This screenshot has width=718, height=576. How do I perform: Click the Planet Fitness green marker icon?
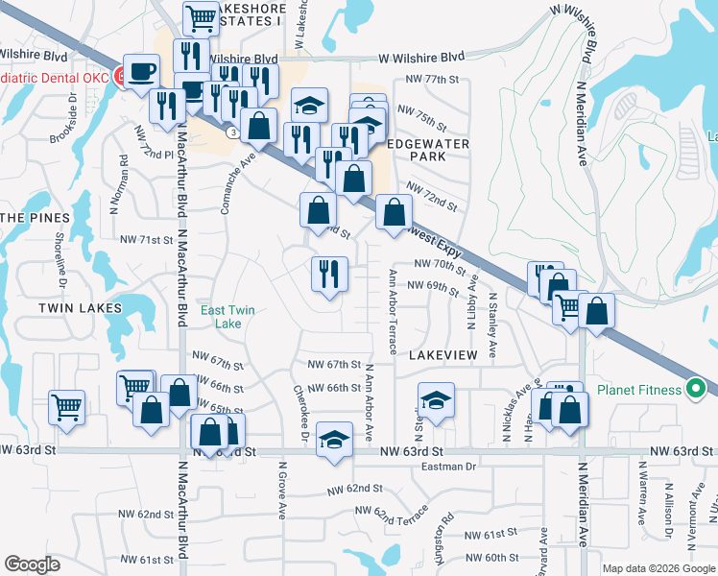(698, 389)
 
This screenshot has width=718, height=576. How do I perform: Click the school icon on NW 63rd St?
(333, 440)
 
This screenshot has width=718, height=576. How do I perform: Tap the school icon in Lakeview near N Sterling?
(436, 399)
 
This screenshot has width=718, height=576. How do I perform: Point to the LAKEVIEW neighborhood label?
(443, 355)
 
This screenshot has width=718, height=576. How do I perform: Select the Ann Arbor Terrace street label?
(393, 310)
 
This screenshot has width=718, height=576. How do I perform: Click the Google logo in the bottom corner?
(33, 564)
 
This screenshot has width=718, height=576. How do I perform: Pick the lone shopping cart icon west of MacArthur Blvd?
(66, 405)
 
